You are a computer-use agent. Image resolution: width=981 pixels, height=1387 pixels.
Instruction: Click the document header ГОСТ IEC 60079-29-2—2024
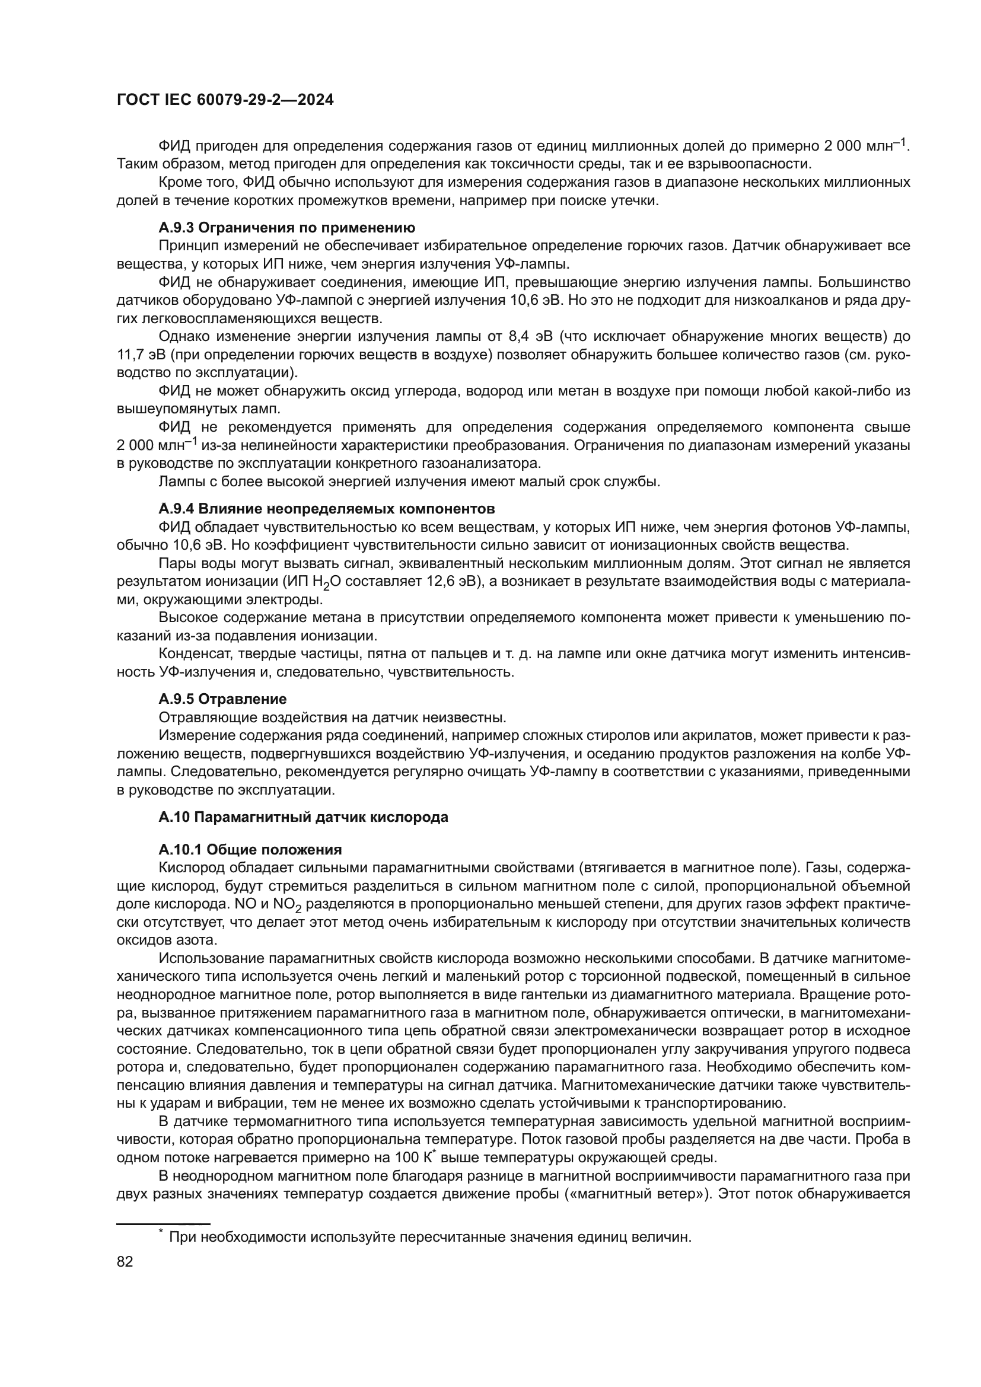click(x=225, y=100)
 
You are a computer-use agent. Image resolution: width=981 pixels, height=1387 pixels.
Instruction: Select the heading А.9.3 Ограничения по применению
click(x=287, y=228)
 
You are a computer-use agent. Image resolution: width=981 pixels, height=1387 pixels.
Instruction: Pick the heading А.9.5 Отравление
click(x=222, y=699)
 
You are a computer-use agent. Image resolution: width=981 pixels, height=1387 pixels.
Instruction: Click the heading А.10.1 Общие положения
click(x=250, y=850)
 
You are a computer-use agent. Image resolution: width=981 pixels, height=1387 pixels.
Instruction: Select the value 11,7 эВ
click(x=138, y=355)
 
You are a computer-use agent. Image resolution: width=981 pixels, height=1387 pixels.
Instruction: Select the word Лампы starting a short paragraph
click(x=179, y=482)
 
